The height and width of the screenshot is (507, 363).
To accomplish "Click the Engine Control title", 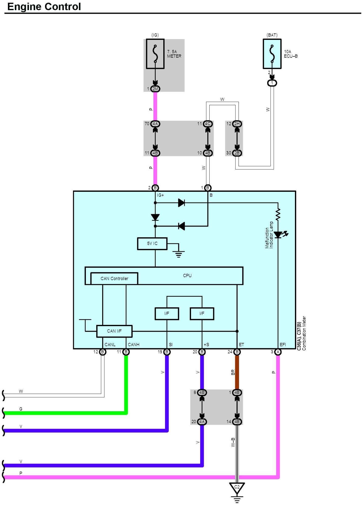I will [x=44, y=7].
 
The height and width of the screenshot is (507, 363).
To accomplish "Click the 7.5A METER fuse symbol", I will [x=155, y=54].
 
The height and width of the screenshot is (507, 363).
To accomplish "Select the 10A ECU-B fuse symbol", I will [x=272, y=54].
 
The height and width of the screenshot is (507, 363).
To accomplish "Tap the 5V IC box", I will [x=152, y=244].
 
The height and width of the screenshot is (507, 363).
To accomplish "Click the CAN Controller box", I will [x=114, y=278].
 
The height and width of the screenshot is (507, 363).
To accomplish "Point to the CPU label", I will [x=187, y=276].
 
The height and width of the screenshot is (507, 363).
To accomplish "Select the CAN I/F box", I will [x=114, y=331].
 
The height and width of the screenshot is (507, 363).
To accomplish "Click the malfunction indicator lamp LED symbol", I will [x=278, y=235].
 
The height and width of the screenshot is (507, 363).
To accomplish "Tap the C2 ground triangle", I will [x=237, y=488].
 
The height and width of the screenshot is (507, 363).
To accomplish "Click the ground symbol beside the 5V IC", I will [x=179, y=254].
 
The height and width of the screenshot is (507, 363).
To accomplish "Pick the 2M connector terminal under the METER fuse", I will [x=155, y=89].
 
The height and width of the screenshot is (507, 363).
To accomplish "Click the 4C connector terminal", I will [x=208, y=124].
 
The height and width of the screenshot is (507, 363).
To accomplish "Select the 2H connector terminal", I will [x=237, y=124].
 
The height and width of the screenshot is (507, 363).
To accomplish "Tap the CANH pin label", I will [x=134, y=345].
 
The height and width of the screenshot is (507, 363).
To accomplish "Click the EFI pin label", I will [x=283, y=345].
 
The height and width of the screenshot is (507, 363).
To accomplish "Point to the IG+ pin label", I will [x=160, y=195].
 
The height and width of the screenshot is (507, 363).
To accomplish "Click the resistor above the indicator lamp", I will [x=278, y=214].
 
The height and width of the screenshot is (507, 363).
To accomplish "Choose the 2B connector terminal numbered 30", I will [x=237, y=153].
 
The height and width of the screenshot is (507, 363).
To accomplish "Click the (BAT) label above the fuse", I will [x=272, y=35].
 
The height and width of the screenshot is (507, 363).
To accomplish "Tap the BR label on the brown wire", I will [x=233, y=372].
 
